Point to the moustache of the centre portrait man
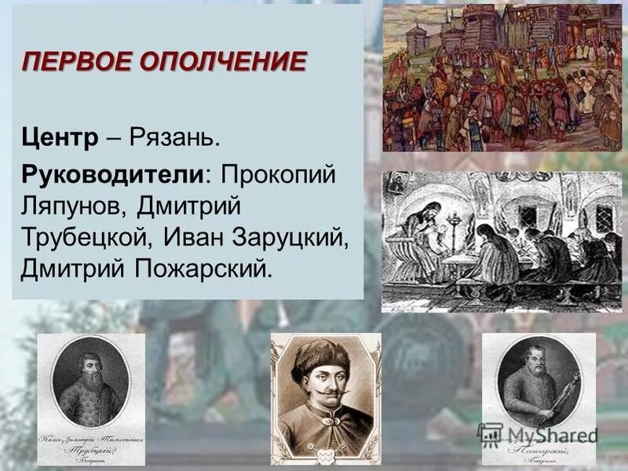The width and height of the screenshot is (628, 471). [x=324, y=389]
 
